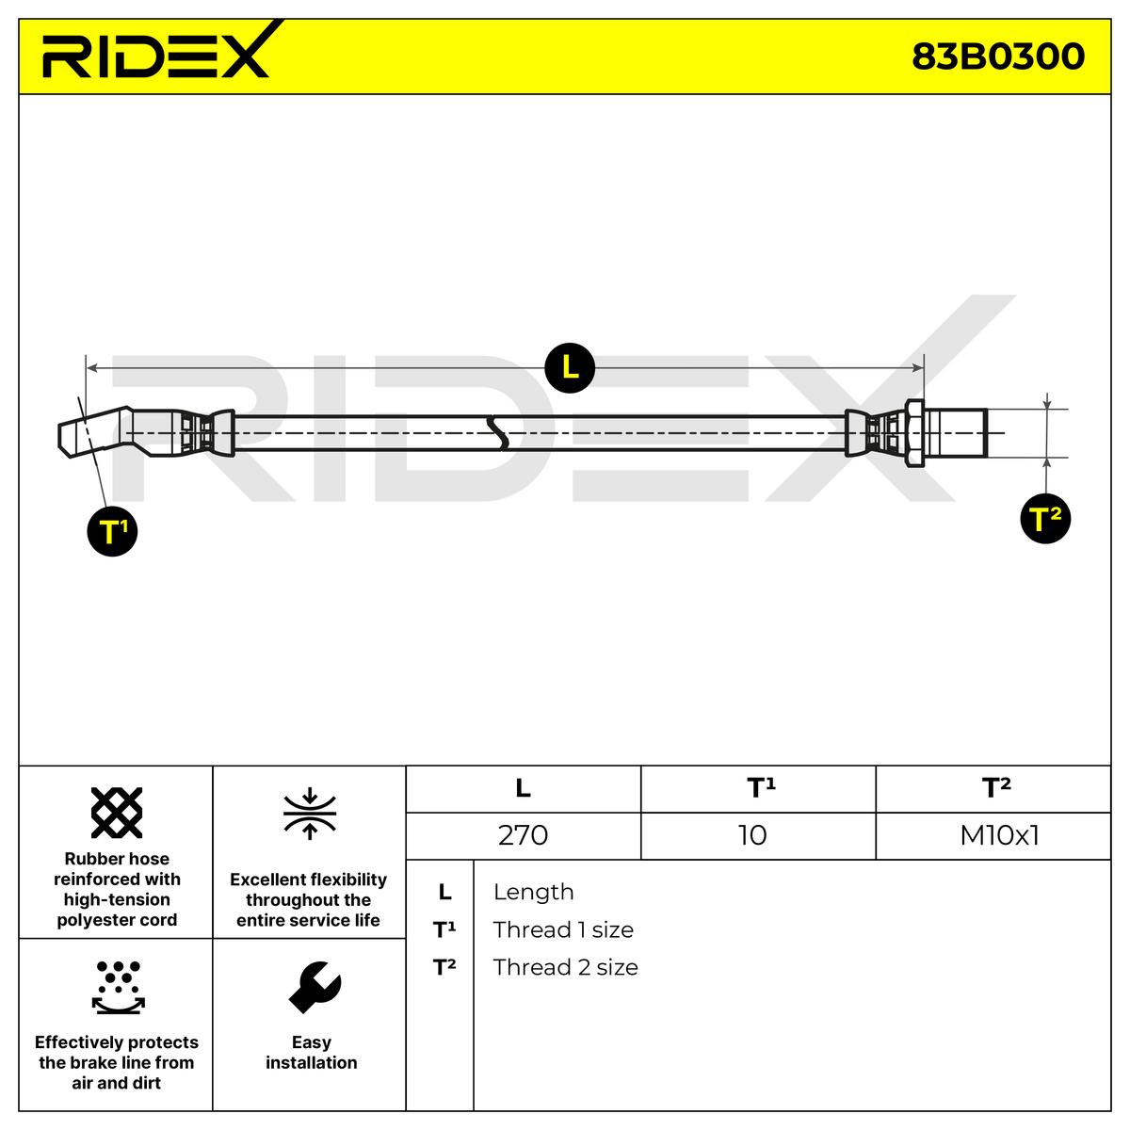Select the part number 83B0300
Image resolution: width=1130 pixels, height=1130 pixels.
point(998,56)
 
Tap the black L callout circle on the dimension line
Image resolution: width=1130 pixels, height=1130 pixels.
point(570,367)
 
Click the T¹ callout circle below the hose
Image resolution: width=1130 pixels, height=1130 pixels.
point(113,531)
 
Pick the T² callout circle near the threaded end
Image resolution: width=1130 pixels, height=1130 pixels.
point(1045,519)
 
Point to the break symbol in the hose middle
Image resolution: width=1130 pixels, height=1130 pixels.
point(497,433)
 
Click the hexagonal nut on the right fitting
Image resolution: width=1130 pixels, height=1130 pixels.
point(913,433)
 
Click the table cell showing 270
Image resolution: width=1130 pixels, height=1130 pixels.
point(523,835)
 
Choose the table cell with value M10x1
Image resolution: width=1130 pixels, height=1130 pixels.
point(999,835)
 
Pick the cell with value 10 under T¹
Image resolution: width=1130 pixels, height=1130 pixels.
point(753,835)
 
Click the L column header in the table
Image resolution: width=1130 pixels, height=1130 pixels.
point(523,788)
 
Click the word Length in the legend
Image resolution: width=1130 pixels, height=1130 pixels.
point(533,892)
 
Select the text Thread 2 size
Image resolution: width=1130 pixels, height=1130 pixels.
point(565,967)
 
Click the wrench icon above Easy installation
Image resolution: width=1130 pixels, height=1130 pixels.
point(313,986)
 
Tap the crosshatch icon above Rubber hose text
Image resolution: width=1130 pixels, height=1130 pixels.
point(117,812)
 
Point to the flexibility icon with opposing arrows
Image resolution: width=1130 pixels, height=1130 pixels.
point(310,815)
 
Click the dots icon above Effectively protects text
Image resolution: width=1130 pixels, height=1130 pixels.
point(118,987)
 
